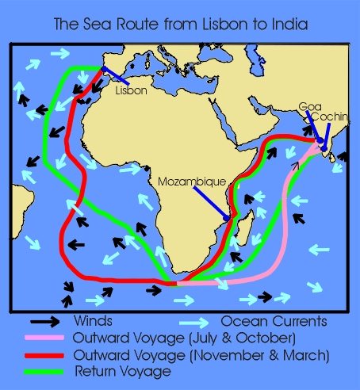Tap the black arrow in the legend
pos(44,322)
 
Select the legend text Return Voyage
pos(116,370)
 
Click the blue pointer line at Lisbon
pos(114,77)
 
